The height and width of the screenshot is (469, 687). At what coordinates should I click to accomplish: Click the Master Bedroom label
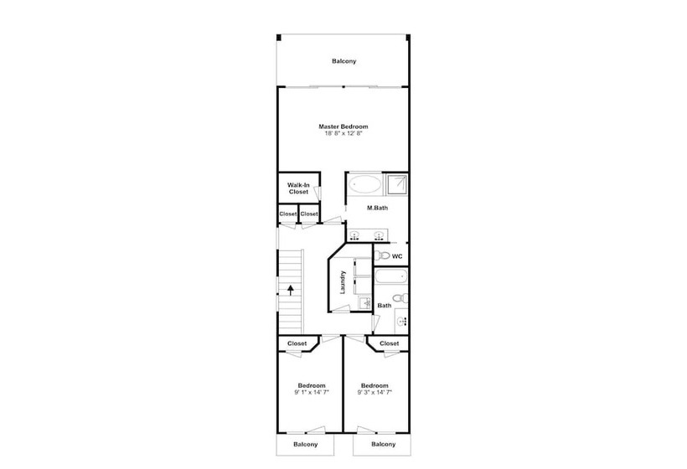click(343, 126)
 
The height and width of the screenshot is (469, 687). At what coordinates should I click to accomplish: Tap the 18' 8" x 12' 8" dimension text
click(343, 133)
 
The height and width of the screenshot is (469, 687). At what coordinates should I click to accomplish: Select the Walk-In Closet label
click(298, 188)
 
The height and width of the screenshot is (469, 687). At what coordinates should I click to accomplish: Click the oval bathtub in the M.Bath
click(366, 184)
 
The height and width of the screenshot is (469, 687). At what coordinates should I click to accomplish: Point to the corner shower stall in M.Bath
click(397, 185)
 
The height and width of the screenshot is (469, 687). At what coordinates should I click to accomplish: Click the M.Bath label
click(377, 208)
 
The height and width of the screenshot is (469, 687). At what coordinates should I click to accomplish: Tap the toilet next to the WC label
click(383, 255)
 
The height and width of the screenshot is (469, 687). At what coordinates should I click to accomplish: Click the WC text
click(397, 256)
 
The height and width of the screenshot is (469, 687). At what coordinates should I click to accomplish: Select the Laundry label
click(343, 282)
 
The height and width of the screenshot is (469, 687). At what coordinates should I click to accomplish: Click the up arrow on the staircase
click(291, 290)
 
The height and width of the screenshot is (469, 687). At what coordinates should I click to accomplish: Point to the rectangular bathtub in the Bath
click(391, 277)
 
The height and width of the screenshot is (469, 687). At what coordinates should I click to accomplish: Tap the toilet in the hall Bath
click(400, 298)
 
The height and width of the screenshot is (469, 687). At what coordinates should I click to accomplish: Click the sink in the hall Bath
click(403, 322)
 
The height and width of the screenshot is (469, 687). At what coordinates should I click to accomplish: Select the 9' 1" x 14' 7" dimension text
click(312, 392)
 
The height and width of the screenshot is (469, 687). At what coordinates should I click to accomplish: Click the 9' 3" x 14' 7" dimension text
click(374, 392)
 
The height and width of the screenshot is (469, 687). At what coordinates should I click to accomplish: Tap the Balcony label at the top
click(344, 61)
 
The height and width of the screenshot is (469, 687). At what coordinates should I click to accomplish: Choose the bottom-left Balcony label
click(306, 445)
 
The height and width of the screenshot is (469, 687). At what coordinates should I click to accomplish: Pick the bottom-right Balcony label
click(384, 444)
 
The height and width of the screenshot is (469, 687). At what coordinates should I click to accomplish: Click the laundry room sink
click(364, 302)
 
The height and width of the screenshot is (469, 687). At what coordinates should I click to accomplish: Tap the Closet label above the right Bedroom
click(389, 343)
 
